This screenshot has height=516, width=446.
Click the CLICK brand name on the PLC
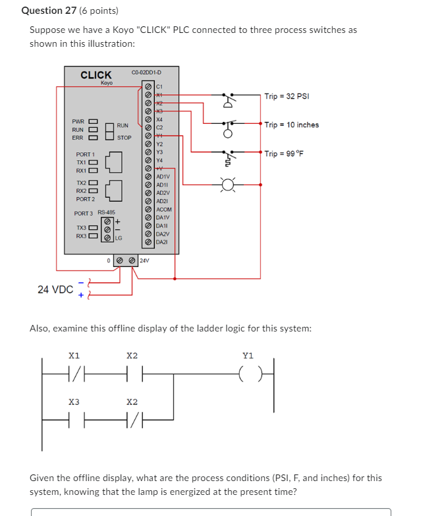tap(96, 74)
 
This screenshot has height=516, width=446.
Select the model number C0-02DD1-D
tap(146, 72)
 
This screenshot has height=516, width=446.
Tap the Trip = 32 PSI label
tap(287, 96)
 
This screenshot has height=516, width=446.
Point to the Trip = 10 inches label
tap(291, 125)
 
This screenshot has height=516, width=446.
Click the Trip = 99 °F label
tap(287, 154)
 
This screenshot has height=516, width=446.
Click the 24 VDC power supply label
tap(55, 289)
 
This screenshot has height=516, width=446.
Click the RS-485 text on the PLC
tap(107, 212)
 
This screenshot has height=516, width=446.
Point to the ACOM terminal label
tap(164, 210)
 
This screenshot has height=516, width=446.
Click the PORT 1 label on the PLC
tap(86, 154)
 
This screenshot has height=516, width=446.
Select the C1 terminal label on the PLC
tap(159, 86)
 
